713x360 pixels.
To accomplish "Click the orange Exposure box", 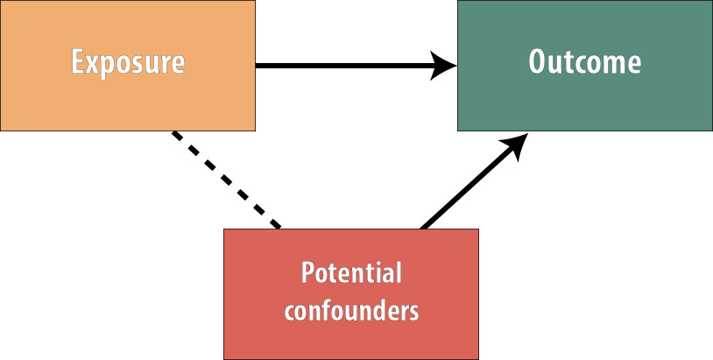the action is tap(127, 66).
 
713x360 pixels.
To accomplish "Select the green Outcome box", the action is tap(585, 66).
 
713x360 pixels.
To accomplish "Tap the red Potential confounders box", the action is tap(351, 294).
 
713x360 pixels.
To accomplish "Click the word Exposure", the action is tap(128, 63).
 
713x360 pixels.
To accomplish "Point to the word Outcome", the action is tap(585, 61).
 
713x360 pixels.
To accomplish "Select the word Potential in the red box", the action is tap(351, 272).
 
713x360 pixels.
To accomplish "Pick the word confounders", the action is tap(351, 311).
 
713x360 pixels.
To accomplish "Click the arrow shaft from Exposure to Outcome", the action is tap(346, 66).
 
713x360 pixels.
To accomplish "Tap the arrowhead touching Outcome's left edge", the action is tap(443, 66).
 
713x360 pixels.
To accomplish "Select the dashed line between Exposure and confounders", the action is tap(227, 180).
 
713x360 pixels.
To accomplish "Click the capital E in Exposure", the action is tap(78, 61).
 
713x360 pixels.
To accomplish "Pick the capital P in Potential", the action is tap(308, 272).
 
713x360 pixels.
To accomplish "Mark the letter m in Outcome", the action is tap(612, 65).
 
